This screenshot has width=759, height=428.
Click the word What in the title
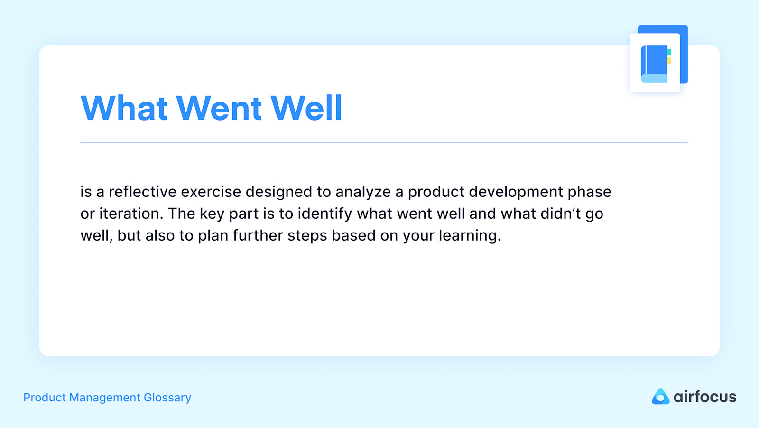pyautogui.click(x=124, y=108)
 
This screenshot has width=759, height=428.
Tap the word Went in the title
pyautogui.click(x=219, y=108)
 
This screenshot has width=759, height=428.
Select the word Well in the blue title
pyautogui.click(x=306, y=108)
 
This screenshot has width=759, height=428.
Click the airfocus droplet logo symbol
pyautogui.click(x=660, y=397)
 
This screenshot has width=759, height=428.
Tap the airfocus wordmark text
pyautogui.click(x=704, y=397)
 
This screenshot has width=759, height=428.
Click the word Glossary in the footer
pyautogui.click(x=167, y=398)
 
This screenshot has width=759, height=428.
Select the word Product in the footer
pyautogui.click(x=44, y=398)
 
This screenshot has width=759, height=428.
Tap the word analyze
pyautogui.click(x=363, y=192)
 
